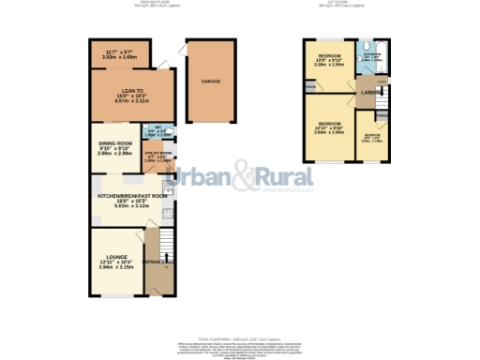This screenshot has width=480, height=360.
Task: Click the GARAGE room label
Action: click(210, 82)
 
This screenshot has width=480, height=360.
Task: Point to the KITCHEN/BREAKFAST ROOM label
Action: click(132, 195)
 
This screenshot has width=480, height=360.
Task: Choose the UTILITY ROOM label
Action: click(157, 153)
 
